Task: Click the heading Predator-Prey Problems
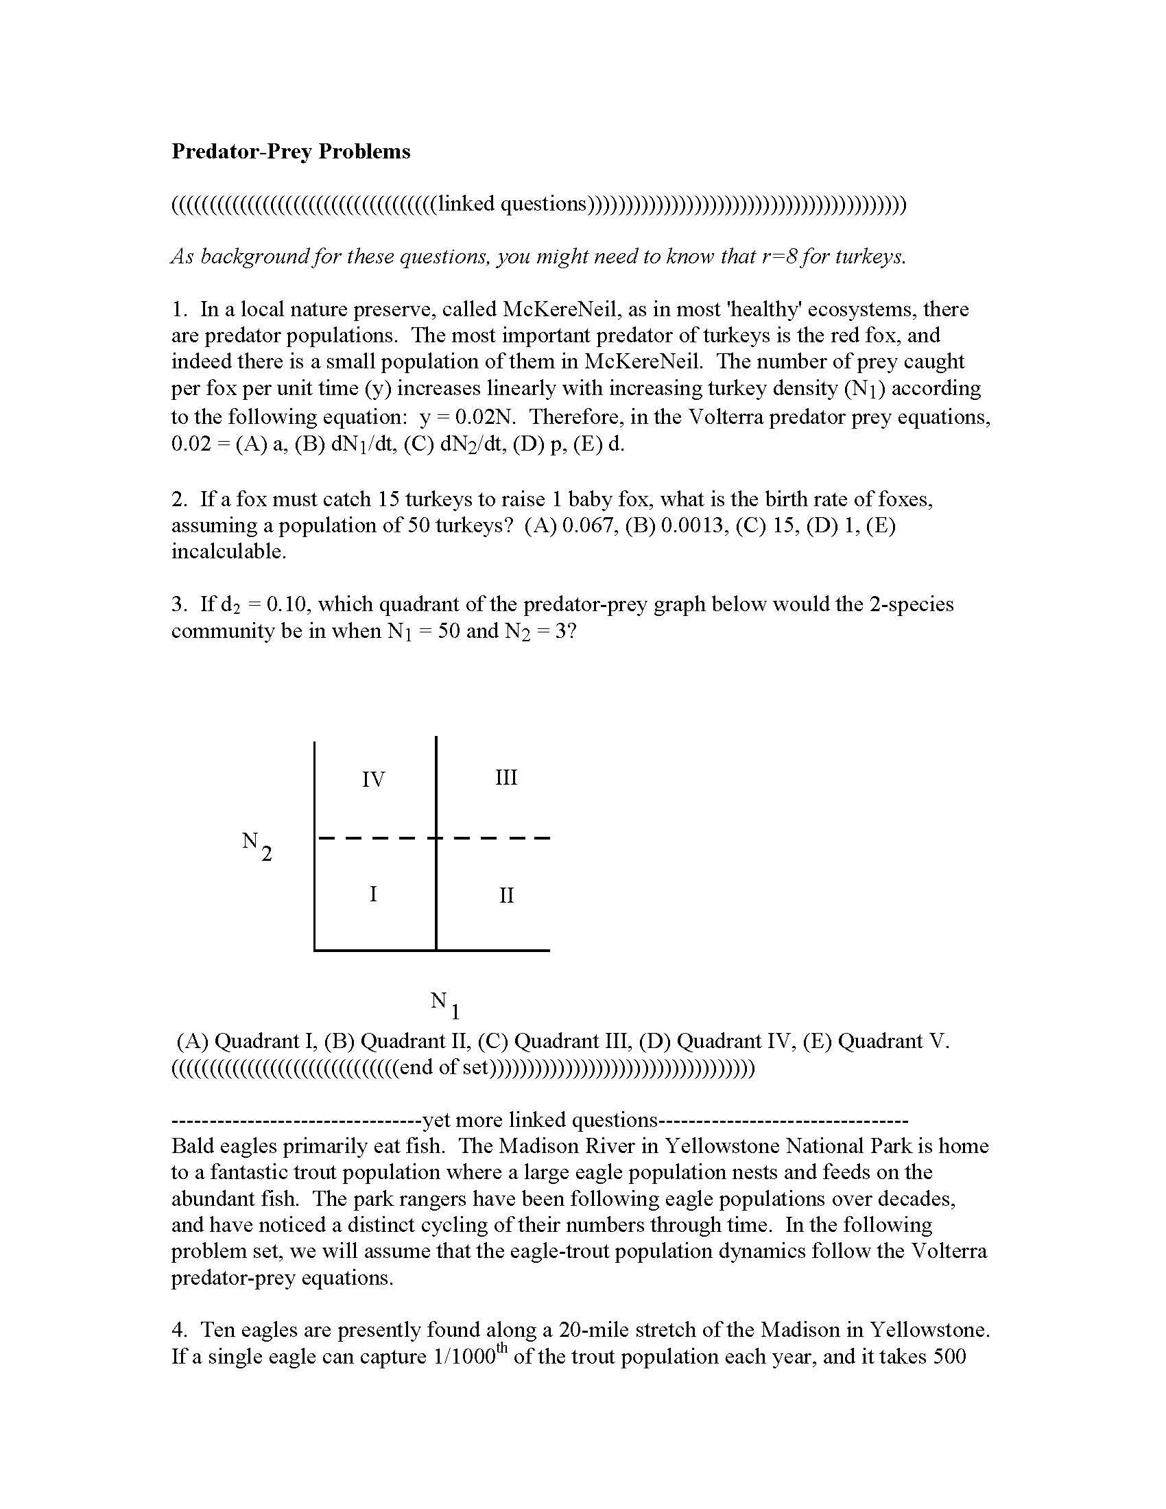[x=290, y=152]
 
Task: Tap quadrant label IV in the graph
[x=373, y=779]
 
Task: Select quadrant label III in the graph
[x=505, y=777]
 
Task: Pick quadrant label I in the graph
[x=373, y=894]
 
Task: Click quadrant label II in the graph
[x=506, y=895]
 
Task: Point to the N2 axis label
[x=257, y=846]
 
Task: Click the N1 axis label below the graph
[x=444, y=1003]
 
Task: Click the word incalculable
[x=228, y=551]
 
